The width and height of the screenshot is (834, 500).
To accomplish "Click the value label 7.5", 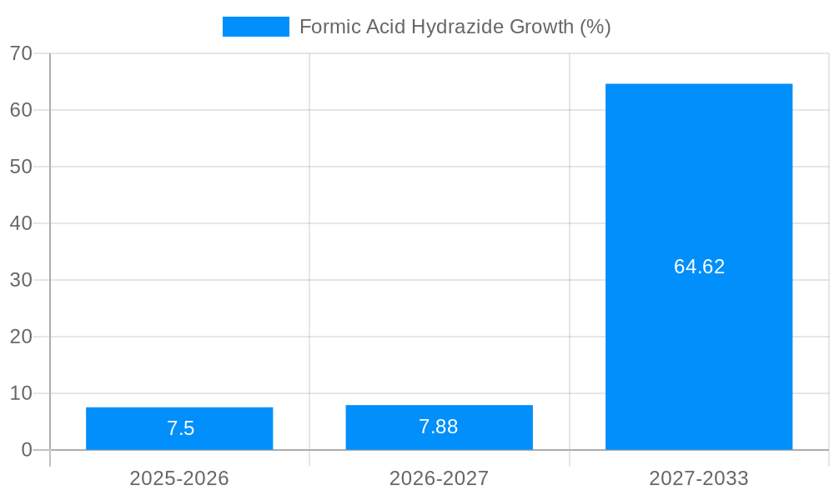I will [x=180, y=428].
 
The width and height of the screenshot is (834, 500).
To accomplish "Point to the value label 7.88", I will [x=439, y=427].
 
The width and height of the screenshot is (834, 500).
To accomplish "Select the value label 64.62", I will [x=699, y=267].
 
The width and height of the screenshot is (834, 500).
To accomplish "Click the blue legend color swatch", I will [x=255, y=27].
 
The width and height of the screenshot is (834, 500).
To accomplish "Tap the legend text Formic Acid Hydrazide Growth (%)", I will [x=455, y=27].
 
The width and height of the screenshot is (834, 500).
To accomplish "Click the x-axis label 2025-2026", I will [x=179, y=478].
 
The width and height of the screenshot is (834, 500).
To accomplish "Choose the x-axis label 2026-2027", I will [x=439, y=478].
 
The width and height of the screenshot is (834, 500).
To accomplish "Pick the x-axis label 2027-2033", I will [x=699, y=478].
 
